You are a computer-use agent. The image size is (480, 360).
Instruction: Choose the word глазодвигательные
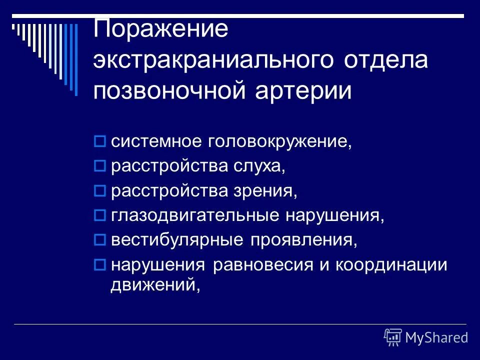pyautogui.click(x=194, y=215)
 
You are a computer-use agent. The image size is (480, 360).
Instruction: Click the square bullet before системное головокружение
pyautogui.click(x=98, y=142)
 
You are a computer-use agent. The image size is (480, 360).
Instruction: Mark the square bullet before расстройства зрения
pyautogui.click(x=98, y=191)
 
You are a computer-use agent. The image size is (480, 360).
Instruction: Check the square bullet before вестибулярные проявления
pyautogui.click(x=98, y=240)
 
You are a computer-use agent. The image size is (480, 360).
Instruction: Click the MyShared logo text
pyautogui.click(x=436, y=337)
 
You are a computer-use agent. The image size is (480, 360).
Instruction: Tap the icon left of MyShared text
pyautogui.click(x=393, y=337)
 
